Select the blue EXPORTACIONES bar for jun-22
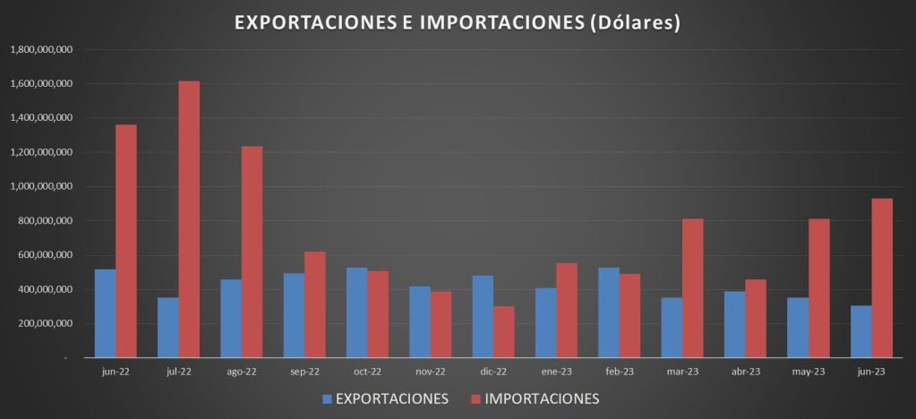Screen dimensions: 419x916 [x=105, y=313]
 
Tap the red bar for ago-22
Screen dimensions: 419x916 [x=252, y=252]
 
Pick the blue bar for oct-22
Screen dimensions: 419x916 [x=356, y=312]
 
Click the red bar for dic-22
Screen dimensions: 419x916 [x=504, y=331]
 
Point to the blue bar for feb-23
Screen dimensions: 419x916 [x=609, y=312]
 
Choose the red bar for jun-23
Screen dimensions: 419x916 [x=882, y=278]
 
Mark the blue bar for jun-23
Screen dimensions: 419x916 [x=860, y=331]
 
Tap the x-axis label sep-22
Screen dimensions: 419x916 [x=304, y=371]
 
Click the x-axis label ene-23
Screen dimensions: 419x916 [x=557, y=371]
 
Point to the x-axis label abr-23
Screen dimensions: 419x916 [x=745, y=371]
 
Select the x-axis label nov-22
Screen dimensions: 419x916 [x=431, y=371]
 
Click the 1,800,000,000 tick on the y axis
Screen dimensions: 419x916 [x=40, y=49]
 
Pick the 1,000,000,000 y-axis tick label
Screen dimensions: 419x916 [x=40, y=186]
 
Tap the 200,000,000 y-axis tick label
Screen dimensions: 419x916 [x=44, y=323]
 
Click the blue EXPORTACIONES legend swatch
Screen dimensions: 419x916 [x=328, y=398]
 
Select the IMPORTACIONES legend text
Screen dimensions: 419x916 [x=542, y=398]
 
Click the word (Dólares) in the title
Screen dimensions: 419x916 [x=634, y=22]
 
